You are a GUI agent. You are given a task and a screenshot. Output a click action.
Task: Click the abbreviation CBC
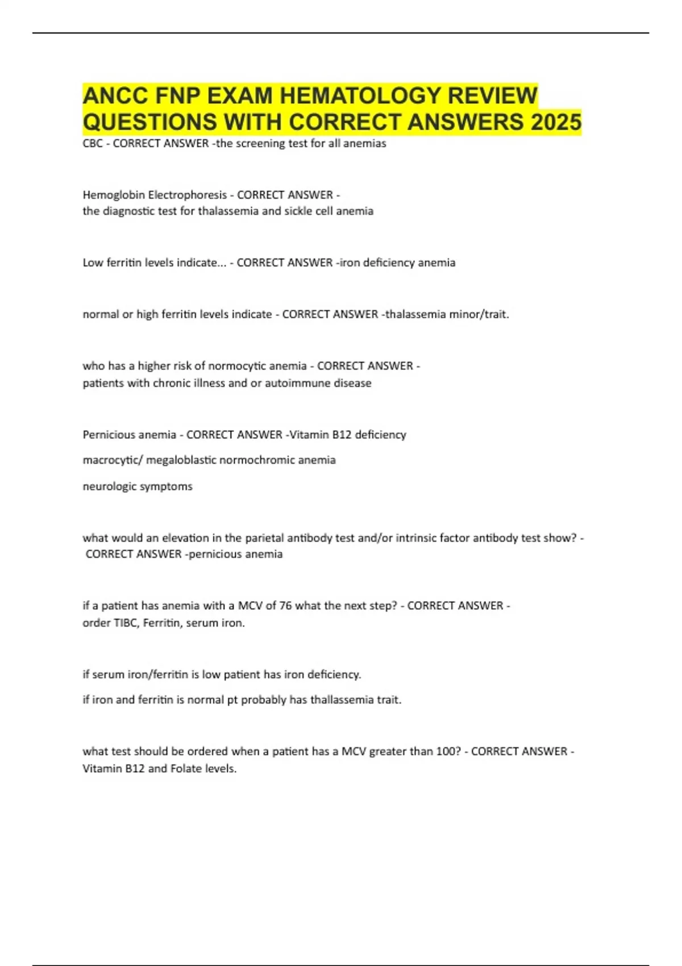(93, 144)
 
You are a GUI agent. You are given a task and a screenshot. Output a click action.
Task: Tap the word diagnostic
(127, 211)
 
